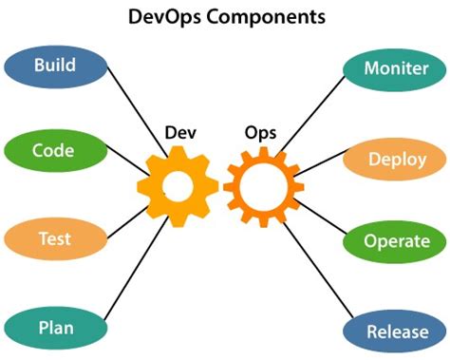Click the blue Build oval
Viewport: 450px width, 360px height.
coord(54,67)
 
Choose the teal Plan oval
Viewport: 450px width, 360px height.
coord(54,329)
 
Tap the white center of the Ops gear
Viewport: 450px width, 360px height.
coord(263,185)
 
